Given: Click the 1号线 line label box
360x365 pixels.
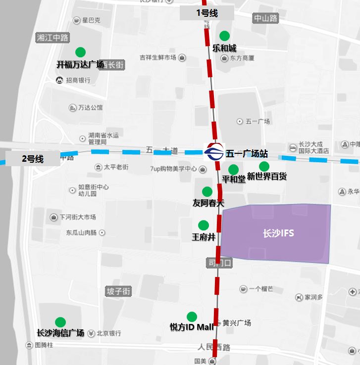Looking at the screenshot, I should pyautogui.click(x=207, y=13).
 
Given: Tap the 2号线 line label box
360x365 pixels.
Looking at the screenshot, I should pyautogui.click(x=33, y=159).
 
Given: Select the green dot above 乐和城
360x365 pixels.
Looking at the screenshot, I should pyautogui.click(x=224, y=36).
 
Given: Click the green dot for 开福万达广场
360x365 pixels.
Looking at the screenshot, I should pyautogui.click(x=80, y=52).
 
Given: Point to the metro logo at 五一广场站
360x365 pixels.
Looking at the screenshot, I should pyautogui.click(x=214, y=153).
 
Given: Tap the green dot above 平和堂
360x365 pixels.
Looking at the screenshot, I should pyautogui.click(x=233, y=170).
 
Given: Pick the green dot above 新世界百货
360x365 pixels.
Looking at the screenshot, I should pyautogui.click(x=264, y=166).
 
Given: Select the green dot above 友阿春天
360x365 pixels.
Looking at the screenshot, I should pyautogui.click(x=207, y=191).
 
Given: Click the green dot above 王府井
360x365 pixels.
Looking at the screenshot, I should pyautogui.click(x=203, y=225).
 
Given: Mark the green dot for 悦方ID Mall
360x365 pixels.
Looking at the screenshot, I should pyautogui.click(x=192, y=317).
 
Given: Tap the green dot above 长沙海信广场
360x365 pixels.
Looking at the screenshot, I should pyautogui.click(x=60, y=322).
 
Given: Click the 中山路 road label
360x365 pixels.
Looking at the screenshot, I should pyautogui.click(x=266, y=18).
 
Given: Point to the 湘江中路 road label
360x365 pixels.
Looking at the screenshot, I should pyautogui.click(x=52, y=38).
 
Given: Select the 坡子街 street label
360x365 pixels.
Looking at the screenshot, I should pyautogui.click(x=119, y=291).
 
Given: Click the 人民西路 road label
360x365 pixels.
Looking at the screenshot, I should pyautogui.click(x=214, y=347).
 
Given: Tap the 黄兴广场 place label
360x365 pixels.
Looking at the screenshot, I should pyautogui.click(x=237, y=323).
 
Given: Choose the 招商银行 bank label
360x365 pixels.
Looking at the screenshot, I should pyautogui.click(x=78, y=80).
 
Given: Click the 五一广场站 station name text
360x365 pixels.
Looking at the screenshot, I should pyautogui.click(x=247, y=153).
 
